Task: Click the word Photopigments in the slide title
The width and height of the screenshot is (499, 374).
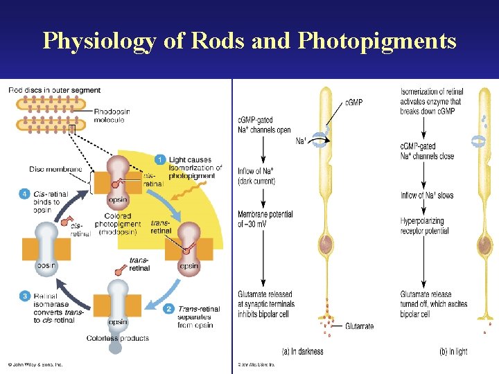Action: [x=377, y=42]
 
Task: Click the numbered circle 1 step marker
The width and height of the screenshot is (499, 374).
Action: [x=160, y=160]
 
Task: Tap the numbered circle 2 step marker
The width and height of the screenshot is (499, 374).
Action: [x=168, y=309]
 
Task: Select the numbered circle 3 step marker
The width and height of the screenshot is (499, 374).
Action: [x=24, y=296]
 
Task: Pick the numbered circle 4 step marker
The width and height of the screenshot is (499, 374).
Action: [x=24, y=194]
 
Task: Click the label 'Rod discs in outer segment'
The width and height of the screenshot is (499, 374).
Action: [x=54, y=90]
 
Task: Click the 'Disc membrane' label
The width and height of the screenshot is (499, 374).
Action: [x=55, y=169]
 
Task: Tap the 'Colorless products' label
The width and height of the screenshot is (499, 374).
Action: [x=117, y=338]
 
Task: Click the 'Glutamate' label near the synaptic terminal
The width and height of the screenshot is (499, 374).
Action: [x=358, y=326]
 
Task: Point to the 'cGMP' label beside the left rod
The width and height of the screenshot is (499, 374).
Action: [x=353, y=103]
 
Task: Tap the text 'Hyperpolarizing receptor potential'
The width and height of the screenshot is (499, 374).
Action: [x=424, y=226]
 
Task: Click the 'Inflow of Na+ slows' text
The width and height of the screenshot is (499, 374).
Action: [x=426, y=195]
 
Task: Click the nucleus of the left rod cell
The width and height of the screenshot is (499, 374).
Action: [x=326, y=244]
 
